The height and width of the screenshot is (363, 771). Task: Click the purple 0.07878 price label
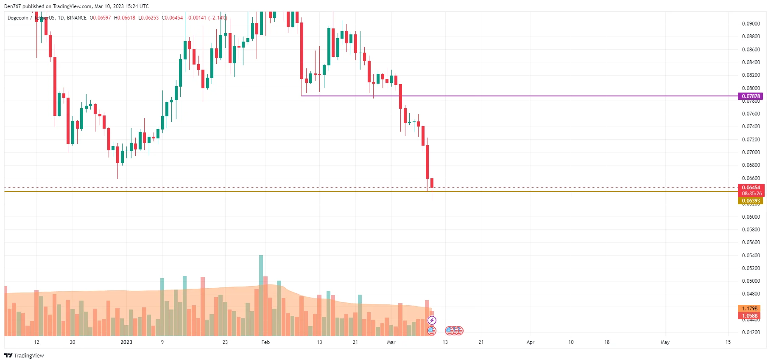point(750,96)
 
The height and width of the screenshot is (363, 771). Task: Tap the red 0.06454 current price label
point(751,188)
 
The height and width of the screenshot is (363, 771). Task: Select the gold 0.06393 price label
point(750,201)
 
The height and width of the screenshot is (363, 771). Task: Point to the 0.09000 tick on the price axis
point(751,24)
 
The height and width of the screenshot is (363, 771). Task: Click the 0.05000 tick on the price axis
point(751,281)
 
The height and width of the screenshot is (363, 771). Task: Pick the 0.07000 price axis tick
point(751,152)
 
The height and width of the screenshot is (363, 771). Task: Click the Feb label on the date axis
point(265,342)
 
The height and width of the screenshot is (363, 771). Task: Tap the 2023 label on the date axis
point(126,342)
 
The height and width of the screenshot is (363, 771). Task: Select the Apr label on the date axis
point(530,342)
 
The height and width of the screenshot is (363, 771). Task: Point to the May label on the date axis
point(665,342)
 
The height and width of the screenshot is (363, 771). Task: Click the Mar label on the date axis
point(391,342)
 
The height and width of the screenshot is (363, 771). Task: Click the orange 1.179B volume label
point(749,309)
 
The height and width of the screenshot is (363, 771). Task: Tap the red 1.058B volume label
point(749,316)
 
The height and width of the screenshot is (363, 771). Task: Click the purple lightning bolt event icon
point(432,320)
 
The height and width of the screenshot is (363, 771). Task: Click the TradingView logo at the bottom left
point(24,355)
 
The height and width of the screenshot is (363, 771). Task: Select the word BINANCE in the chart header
point(77,18)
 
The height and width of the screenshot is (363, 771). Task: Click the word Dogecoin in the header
point(18,18)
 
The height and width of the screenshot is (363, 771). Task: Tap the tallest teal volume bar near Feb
point(261,272)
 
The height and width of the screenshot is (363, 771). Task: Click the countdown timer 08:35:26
point(751,194)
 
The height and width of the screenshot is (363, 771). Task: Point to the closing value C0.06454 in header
point(172,18)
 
